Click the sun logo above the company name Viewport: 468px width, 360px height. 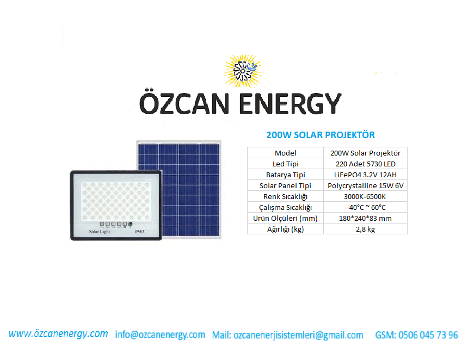tap(243, 71)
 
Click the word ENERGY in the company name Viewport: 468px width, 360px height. tap(290, 103)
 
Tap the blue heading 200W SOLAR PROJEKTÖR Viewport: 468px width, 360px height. tap(321, 135)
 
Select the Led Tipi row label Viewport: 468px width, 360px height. tap(285, 164)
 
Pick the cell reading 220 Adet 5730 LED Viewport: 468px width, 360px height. tap(365, 164)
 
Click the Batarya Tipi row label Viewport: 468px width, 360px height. tap(285, 175)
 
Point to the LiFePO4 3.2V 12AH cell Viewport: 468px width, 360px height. tap(365, 175)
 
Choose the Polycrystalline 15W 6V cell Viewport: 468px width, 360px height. tap(365, 185)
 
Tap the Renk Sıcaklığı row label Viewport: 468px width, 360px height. tap(285, 196)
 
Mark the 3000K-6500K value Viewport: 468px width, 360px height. tap(365, 196)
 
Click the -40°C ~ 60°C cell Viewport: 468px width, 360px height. tap(366, 207)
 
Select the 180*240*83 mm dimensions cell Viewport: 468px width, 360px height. tap(365, 218)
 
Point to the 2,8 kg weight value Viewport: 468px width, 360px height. tap(365, 229)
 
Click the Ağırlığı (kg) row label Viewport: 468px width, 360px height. tap(285, 229)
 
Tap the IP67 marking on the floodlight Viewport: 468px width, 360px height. tap(139, 232)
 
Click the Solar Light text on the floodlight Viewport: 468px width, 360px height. tap(100, 232)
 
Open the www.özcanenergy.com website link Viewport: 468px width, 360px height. tap(58, 334)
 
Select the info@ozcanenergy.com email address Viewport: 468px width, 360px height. tap(160, 334)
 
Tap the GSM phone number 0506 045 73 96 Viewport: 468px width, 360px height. tap(428, 335)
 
